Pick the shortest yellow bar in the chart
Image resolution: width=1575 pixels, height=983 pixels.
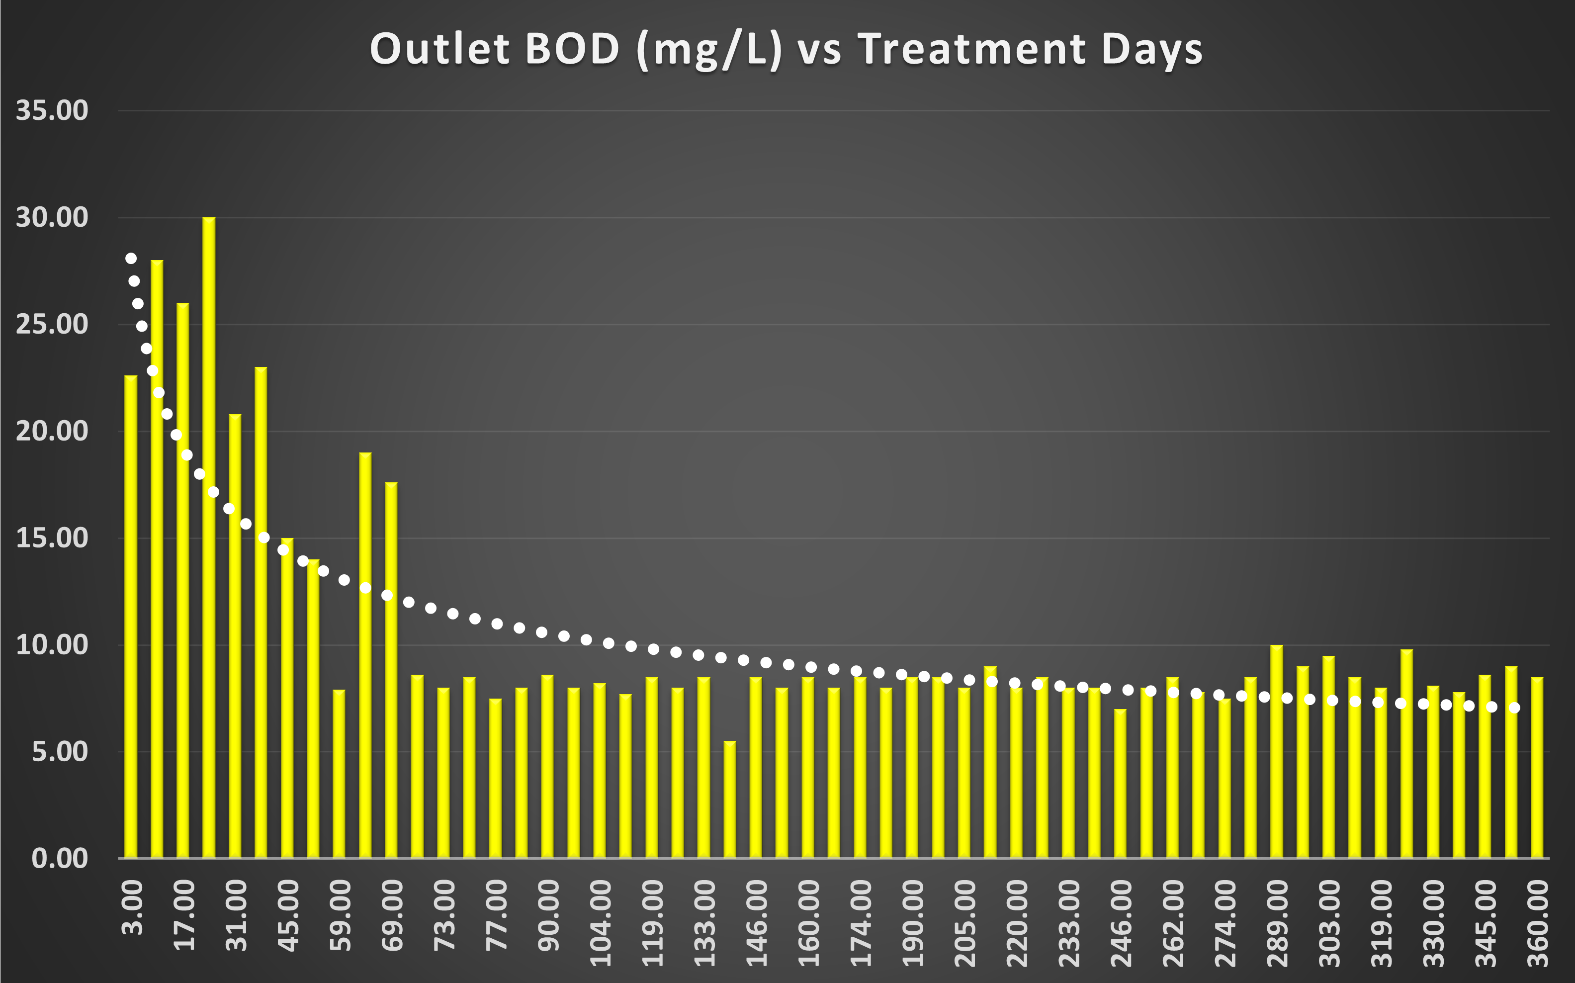(x=729, y=799)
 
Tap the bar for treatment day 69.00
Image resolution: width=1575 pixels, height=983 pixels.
(x=391, y=670)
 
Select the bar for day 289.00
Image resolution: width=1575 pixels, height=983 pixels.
(x=1276, y=751)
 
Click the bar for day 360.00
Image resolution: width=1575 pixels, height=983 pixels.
(x=1537, y=767)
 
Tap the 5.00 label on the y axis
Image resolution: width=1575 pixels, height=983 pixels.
(x=60, y=752)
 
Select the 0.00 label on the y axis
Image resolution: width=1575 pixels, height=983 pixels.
(x=60, y=858)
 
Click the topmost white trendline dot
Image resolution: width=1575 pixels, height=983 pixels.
(x=131, y=258)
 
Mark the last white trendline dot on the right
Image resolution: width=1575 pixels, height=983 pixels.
(x=1514, y=708)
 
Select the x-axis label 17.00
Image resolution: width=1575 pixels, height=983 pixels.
(x=184, y=915)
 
